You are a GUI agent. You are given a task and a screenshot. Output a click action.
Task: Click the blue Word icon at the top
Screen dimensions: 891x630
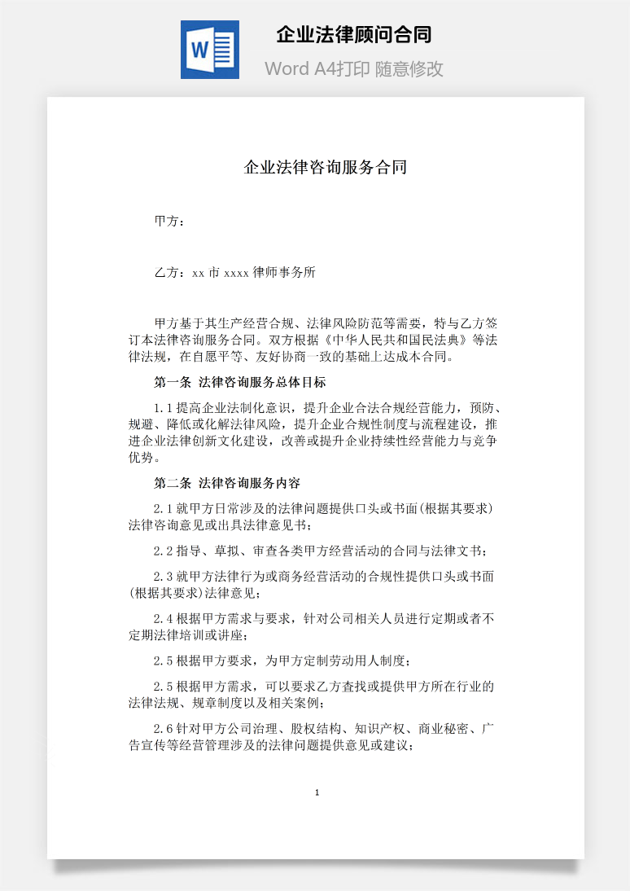[210, 50]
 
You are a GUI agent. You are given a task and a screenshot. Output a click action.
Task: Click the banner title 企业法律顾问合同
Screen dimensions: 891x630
[353, 35]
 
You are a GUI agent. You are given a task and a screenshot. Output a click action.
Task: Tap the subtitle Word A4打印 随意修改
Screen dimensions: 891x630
[353, 68]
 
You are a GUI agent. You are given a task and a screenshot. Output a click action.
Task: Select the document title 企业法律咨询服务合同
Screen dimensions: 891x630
[326, 168]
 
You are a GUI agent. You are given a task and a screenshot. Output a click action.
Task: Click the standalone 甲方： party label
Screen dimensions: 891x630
[169, 222]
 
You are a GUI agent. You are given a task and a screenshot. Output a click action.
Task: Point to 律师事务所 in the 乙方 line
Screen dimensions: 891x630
[284, 273]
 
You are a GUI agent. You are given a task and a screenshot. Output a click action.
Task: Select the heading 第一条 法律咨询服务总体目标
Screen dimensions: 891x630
[240, 382]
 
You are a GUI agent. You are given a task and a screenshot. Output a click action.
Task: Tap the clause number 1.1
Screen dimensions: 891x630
[164, 407]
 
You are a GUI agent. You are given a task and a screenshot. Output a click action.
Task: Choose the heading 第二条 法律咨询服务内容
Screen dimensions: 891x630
[227, 483]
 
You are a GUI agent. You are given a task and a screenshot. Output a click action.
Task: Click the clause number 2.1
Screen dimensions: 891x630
[164, 508]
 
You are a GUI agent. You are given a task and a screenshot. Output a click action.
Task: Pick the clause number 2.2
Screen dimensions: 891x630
[164, 551]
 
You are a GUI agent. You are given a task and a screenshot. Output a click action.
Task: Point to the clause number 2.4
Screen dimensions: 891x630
[164, 619]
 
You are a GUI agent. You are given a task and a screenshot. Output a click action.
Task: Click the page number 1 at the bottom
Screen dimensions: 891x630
[317, 792]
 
